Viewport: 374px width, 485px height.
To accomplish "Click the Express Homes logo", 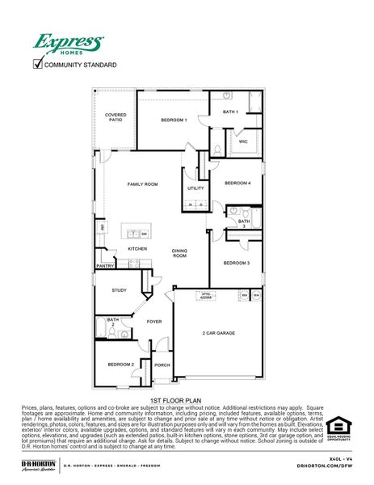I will coord(68,44).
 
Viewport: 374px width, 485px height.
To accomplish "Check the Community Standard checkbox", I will coord(36,65).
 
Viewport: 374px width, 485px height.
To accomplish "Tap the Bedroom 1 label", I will coord(174,120).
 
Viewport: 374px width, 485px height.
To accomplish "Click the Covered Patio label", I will coord(115,118).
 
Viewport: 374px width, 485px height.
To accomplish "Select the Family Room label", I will coord(141,184).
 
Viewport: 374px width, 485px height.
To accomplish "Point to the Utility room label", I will coord(195,188).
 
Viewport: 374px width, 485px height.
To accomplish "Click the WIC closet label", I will coord(242,141).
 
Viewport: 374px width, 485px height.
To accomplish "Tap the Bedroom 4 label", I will coord(237,183).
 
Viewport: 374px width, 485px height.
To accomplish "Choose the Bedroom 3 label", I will coord(237,263).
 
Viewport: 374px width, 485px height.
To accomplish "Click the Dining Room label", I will coord(179,253).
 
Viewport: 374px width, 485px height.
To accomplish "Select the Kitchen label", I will coord(137,248).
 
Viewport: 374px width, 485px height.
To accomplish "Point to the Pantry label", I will coord(105,265).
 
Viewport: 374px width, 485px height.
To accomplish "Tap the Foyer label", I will coord(153,322).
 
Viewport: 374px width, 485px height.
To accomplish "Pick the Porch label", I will coord(162,365).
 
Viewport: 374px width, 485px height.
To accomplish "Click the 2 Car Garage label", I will coord(218,332).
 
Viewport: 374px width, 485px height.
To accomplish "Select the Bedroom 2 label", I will coord(121,365).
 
